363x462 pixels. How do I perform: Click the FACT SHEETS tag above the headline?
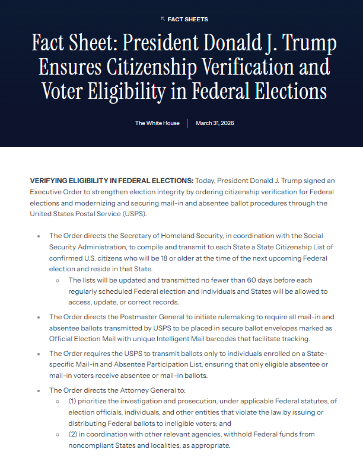(187, 20)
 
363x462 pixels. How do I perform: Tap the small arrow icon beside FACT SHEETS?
(163, 19)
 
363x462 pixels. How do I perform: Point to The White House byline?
(157, 123)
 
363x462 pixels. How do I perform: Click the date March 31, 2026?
(215, 123)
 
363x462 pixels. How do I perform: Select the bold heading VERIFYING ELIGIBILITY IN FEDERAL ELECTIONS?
(112, 180)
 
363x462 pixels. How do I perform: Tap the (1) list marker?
(72, 402)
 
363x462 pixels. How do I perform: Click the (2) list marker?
(72, 434)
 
